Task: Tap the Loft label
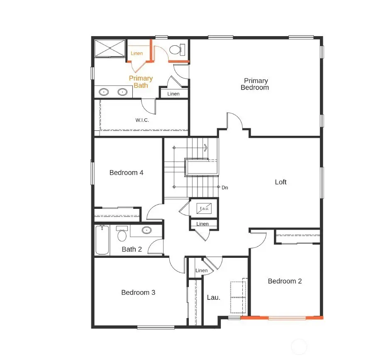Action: point(281,182)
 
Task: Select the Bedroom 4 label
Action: point(126,172)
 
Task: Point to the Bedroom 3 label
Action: point(138,292)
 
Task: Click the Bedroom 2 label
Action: point(285,281)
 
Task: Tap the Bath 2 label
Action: point(132,249)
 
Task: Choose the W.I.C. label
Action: point(142,120)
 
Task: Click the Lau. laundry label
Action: point(213,297)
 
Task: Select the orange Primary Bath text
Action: point(141,81)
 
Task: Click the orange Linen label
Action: point(137,54)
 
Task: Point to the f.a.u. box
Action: point(204,208)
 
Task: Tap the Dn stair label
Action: point(225,188)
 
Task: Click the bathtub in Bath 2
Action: point(102,240)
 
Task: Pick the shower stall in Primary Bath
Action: point(110,48)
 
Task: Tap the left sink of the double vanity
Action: point(104,92)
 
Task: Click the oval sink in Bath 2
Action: point(146,230)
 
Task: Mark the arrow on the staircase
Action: point(205,147)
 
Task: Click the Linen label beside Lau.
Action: point(201,271)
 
